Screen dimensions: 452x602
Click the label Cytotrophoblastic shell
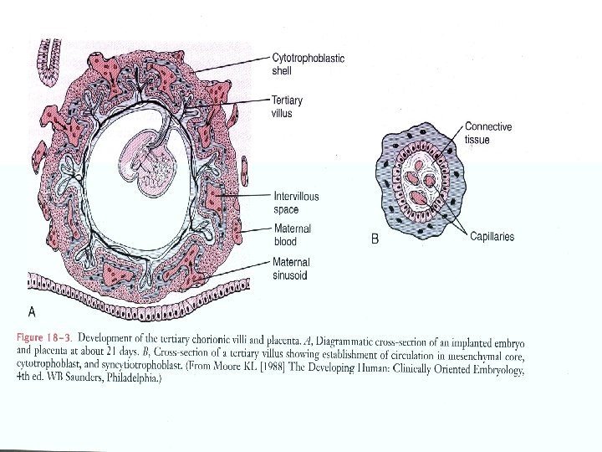tap(308, 64)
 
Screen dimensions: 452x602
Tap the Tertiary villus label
tap(288, 107)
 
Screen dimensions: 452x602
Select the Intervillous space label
tap(296, 203)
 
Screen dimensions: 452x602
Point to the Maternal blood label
tap(292, 235)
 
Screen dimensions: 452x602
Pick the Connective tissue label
tap(488, 134)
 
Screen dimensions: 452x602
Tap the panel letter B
tap(375, 239)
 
